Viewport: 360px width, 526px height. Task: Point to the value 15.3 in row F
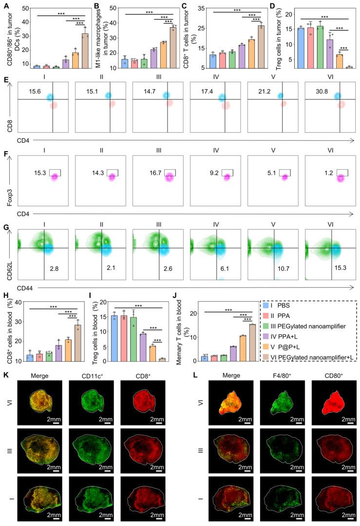40,173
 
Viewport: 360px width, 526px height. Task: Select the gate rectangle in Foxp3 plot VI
339,172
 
